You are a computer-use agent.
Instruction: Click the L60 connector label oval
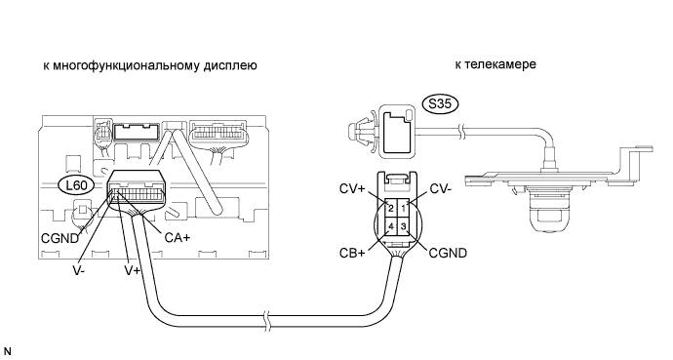coord(77,185)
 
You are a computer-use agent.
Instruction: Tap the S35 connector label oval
coord(440,104)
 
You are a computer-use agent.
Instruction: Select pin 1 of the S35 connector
coord(404,209)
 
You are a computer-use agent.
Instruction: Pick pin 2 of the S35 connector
coord(391,209)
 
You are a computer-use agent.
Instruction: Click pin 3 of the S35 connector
coord(404,226)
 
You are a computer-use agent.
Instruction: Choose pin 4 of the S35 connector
coord(391,226)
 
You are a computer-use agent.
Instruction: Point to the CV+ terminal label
coord(352,189)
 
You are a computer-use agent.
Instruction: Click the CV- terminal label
coord(440,189)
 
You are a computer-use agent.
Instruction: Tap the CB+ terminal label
coord(352,253)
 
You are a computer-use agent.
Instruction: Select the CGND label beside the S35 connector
coord(448,253)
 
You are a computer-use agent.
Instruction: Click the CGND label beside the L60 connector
coord(60,238)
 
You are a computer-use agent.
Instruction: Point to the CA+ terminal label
coord(177,237)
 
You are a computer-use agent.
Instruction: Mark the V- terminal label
coord(78,271)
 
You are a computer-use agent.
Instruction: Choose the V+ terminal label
coord(133,271)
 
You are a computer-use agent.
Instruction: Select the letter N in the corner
coord(7,351)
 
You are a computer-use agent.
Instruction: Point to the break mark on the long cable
coord(268,322)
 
